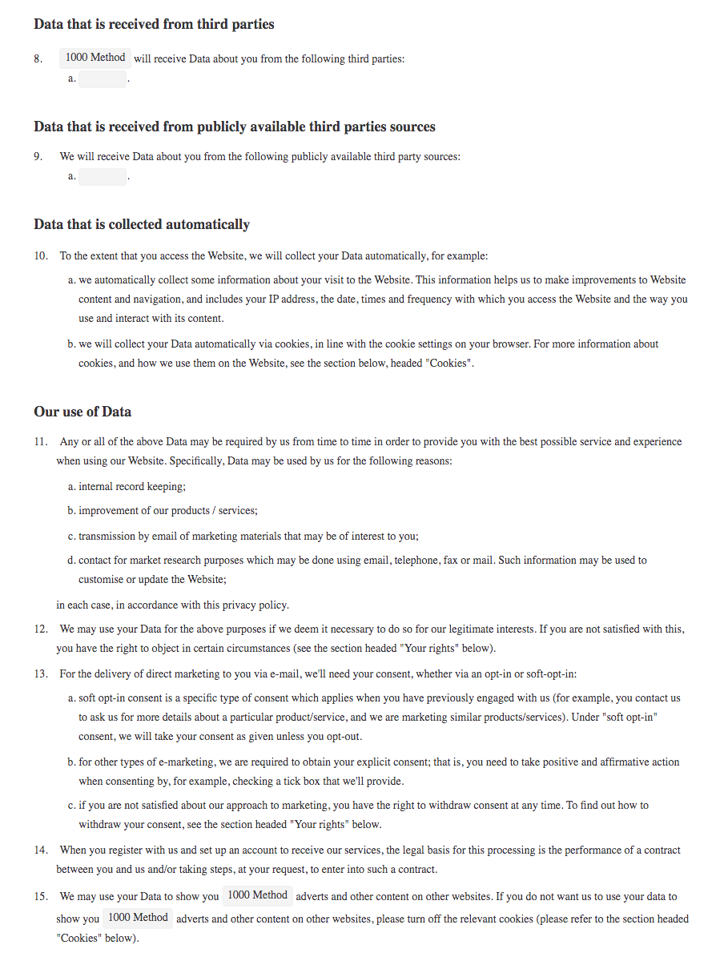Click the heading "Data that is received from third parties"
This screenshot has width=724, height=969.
tap(154, 24)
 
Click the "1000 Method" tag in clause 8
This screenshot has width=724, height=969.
tap(95, 58)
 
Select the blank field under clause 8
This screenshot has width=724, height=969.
tap(103, 78)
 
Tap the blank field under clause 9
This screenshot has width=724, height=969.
tap(103, 176)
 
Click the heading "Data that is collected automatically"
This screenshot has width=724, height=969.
tap(142, 224)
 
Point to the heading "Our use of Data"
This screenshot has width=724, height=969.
tap(82, 412)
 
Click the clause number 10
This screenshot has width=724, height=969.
tap(41, 256)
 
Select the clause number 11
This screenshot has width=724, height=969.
tap(41, 442)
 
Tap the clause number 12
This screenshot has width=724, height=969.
tap(41, 629)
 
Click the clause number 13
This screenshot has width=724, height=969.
tap(41, 674)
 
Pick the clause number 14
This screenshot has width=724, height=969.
tap(41, 850)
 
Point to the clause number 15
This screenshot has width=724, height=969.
tap(41, 897)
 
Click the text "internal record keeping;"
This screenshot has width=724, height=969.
tap(132, 487)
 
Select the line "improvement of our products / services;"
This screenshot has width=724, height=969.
tap(167, 511)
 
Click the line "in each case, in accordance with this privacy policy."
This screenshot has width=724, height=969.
tap(172, 605)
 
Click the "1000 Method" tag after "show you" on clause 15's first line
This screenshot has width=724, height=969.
tap(258, 895)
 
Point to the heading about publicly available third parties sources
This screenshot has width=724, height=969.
tap(235, 127)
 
